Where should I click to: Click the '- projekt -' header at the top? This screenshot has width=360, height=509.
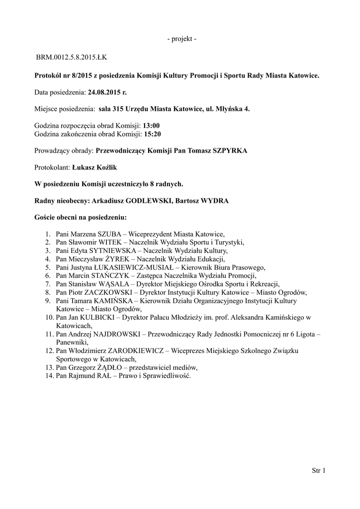pyautogui.click(x=181, y=39)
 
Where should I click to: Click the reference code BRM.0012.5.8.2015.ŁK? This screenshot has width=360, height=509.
pyautogui.click(x=71, y=58)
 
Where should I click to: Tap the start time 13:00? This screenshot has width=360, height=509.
pyautogui.click(x=151, y=126)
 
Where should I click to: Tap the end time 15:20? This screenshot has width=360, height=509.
pyautogui.click(x=152, y=134)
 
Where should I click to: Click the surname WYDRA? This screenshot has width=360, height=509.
pyautogui.click(x=215, y=201)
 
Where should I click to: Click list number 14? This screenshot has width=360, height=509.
pyautogui.click(x=49, y=376)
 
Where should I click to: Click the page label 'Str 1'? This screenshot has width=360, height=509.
pyautogui.click(x=318, y=470)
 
